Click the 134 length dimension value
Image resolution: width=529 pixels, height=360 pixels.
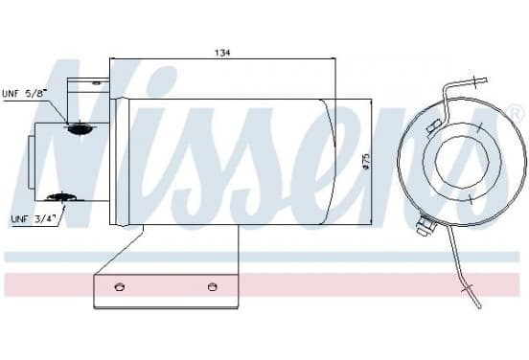point(222,53)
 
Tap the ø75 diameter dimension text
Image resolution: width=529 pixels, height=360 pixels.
point(365,162)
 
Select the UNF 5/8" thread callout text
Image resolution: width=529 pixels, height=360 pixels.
point(23,93)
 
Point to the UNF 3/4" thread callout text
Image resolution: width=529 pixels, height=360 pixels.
point(33,218)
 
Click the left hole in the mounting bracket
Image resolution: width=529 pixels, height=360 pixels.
point(120,287)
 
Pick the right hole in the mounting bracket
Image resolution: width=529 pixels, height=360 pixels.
point(212,287)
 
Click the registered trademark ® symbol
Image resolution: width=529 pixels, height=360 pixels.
point(516,113)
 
